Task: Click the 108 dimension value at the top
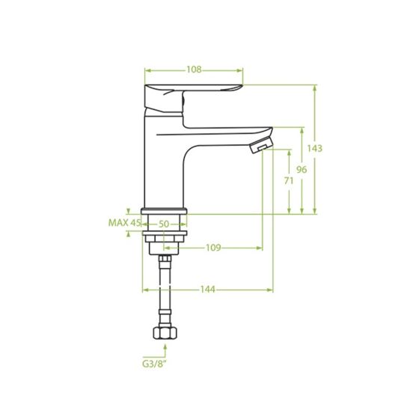[194, 70]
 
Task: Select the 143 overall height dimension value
[314, 149]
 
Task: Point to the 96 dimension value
[302, 170]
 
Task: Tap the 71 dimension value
[289, 180]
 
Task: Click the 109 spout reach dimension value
[213, 248]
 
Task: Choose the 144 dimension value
[208, 290]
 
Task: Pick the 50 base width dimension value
[164, 224]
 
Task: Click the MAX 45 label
[124, 223]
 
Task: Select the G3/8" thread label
[155, 364]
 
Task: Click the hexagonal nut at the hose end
[165, 333]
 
